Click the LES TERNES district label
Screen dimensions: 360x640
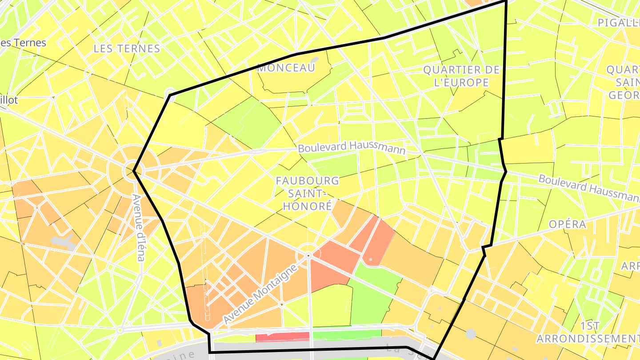[127, 48]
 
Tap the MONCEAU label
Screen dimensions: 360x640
[286, 68]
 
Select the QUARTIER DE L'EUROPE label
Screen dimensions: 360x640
[461, 76]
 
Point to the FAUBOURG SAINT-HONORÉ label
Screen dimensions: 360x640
[307, 193]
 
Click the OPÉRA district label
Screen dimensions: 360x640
[567, 224]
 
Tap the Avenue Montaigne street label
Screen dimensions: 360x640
[260, 294]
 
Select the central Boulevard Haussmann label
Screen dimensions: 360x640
[352, 148]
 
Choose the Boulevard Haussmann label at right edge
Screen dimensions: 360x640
[589, 187]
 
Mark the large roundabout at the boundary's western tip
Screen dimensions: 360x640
[134, 170]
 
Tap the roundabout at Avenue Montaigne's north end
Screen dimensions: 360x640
[308, 255]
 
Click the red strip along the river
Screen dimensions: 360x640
[283, 337]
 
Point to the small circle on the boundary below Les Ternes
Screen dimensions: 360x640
[170, 94]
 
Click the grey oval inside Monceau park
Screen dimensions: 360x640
[315, 60]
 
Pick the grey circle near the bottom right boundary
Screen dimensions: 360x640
[472, 333]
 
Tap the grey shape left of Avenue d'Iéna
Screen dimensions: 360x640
[63, 241]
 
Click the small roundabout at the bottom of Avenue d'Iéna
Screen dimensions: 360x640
[120, 330]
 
